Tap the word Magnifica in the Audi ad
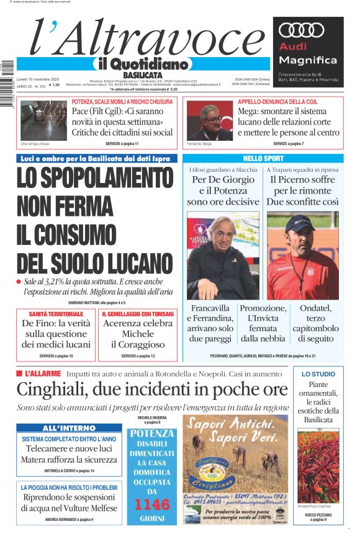tap(308, 60)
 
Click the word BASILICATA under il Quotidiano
tap(143, 75)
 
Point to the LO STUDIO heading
tap(318, 374)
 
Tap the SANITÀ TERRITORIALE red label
tap(56, 314)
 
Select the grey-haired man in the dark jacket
tap(222, 257)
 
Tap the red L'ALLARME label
tap(42, 374)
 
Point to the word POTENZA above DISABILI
tap(151, 433)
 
